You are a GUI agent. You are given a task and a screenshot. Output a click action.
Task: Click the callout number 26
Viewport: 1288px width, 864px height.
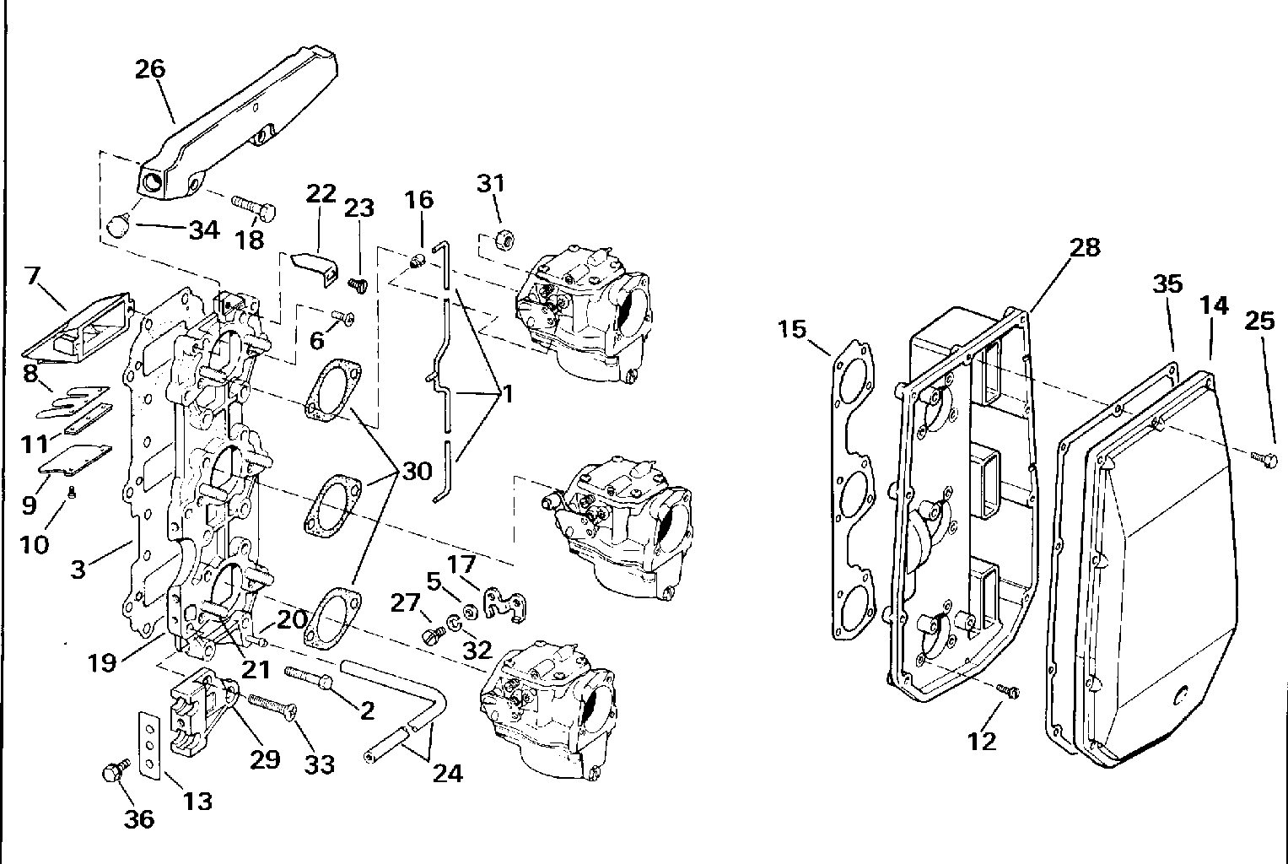pyautogui.click(x=150, y=69)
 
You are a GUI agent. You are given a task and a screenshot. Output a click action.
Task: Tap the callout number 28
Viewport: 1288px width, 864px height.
pyautogui.click(x=1085, y=247)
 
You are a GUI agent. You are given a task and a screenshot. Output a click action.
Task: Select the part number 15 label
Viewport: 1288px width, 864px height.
pyautogui.click(x=792, y=330)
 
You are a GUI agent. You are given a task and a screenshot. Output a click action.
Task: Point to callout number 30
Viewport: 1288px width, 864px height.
pyautogui.click(x=417, y=471)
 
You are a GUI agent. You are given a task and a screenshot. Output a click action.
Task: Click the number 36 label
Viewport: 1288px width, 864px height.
pyautogui.click(x=139, y=819)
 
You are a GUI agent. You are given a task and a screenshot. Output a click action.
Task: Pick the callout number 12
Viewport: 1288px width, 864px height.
pyautogui.click(x=982, y=742)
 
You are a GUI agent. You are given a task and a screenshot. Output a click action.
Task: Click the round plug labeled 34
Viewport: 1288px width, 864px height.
pyautogui.click(x=119, y=224)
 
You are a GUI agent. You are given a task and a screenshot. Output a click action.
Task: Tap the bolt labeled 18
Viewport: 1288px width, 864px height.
pyautogui.click(x=254, y=208)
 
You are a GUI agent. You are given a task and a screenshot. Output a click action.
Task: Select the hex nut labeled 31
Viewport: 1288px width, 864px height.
pyautogui.click(x=504, y=237)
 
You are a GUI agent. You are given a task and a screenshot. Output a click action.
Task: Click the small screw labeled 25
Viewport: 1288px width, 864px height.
pyautogui.click(x=1264, y=457)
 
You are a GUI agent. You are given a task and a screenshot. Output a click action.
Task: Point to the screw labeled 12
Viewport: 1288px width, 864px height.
pyautogui.click(x=1007, y=691)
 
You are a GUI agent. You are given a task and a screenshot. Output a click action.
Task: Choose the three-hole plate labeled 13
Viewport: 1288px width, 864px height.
pyautogui.click(x=150, y=745)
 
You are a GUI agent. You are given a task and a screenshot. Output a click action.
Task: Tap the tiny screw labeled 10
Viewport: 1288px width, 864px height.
pyautogui.click(x=72, y=492)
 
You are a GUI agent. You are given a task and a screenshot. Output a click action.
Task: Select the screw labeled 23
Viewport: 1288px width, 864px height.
pyautogui.click(x=358, y=284)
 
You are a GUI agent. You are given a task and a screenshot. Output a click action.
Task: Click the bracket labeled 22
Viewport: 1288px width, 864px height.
pyautogui.click(x=315, y=268)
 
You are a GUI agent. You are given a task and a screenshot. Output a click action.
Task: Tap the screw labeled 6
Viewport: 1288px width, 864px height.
pyautogui.click(x=343, y=317)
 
